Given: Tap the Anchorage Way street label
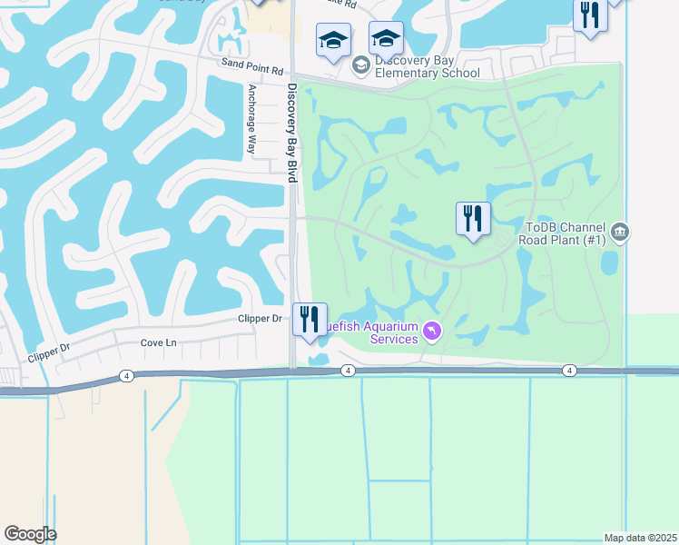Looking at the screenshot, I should pyautogui.click(x=252, y=121).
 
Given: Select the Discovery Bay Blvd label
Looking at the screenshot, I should pyautogui.click(x=292, y=133).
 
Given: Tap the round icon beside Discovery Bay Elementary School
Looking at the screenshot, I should pyautogui.click(x=360, y=64).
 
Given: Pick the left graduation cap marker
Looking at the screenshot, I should pyautogui.click(x=333, y=41).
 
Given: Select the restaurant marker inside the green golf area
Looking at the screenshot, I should pyautogui.click(x=473, y=219).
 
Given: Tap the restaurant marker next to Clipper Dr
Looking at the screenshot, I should pyautogui.click(x=310, y=320).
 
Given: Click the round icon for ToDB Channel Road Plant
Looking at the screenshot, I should pyautogui.click(x=620, y=233).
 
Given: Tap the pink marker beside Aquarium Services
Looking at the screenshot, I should pyautogui.click(x=431, y=332).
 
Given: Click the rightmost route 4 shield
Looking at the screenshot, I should pyautogui.click(x=568, y=370).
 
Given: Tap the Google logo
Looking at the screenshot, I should pyautogui.click(x=30, y=534).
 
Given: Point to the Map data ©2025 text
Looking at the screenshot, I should pyautogui.click(x=640, y=538).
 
